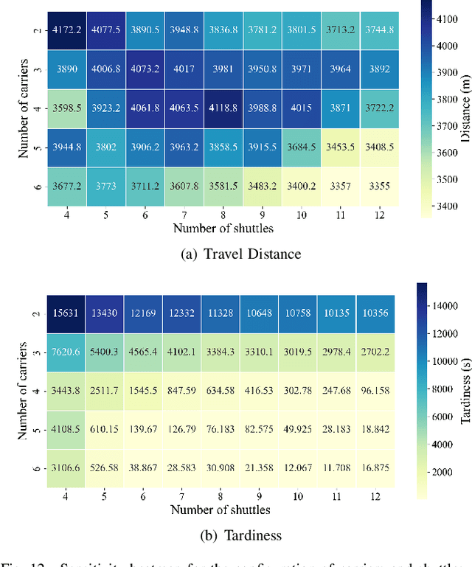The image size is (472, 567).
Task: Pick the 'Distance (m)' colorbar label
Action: [465, 111]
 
